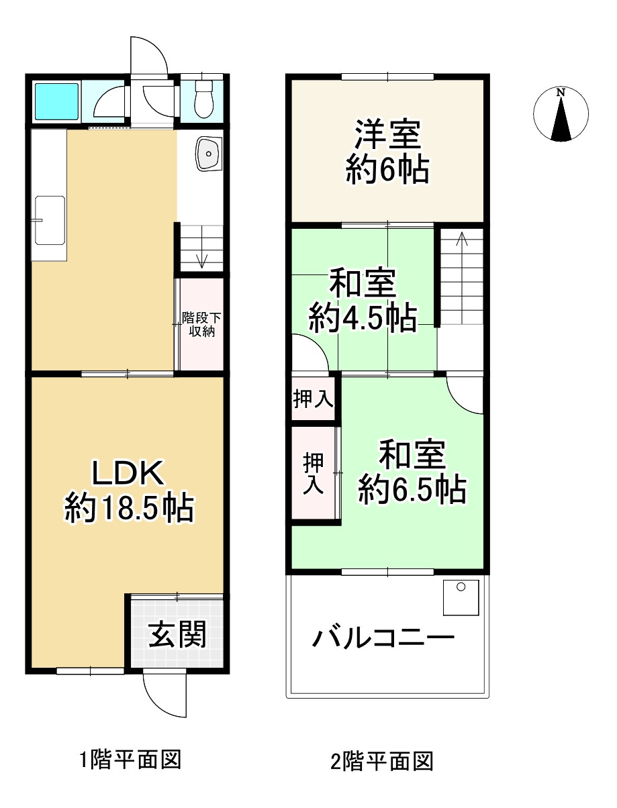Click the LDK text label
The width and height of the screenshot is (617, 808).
[128, 474]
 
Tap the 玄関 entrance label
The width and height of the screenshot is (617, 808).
[177, 634]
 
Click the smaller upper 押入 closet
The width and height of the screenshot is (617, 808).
[313, 400]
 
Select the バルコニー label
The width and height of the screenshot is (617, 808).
[383, 638]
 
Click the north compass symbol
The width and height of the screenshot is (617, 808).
[561, 114]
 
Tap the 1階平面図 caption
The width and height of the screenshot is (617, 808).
[130, 760]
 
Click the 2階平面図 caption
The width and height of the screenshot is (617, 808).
[382, 762]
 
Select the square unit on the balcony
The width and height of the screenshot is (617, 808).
[461, 597]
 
